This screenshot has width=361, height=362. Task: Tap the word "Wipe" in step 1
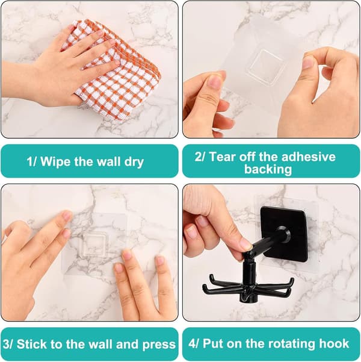[55, 161]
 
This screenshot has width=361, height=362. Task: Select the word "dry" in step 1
[134, 162]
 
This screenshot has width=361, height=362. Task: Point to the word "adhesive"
[309, 157]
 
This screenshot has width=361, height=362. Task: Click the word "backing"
[268, 169]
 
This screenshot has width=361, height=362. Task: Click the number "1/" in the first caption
[32, 161]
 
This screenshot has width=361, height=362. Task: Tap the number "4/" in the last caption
[193, 344]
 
